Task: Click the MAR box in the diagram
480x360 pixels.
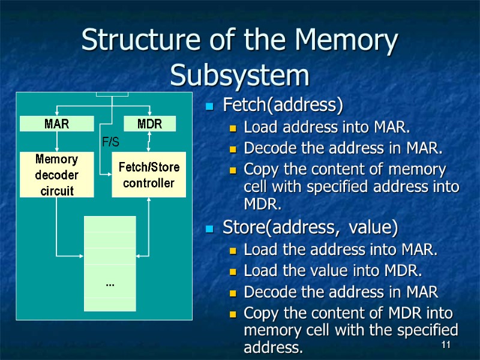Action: coord(57,124)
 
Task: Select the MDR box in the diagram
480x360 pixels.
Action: coord(150,124)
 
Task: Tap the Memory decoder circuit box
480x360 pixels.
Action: coord(57,175)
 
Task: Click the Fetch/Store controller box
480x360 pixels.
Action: coord(149,175)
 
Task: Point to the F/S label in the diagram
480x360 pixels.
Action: coord(110,142)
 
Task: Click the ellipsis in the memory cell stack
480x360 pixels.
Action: coord(110,282)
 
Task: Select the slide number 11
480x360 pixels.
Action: coord(445,344)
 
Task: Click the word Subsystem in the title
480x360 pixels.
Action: coord(240,76)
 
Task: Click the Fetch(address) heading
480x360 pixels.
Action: coord(283,106)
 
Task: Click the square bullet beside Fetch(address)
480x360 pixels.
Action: coord(209,107)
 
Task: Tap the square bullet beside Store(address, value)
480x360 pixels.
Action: coord(209,229)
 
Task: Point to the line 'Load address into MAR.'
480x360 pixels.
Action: coord(327,127)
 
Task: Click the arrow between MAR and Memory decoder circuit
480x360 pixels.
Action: coord(57,142)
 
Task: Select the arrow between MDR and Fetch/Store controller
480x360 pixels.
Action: coord(150,142)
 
